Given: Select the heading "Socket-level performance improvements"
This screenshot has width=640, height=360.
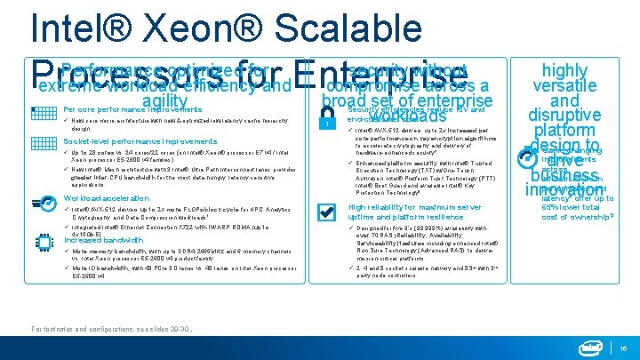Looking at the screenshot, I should pyautogui.click(x=128, y=141).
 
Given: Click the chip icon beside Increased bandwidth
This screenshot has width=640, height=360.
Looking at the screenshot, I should pyautogui.click(x=44, y=248).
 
